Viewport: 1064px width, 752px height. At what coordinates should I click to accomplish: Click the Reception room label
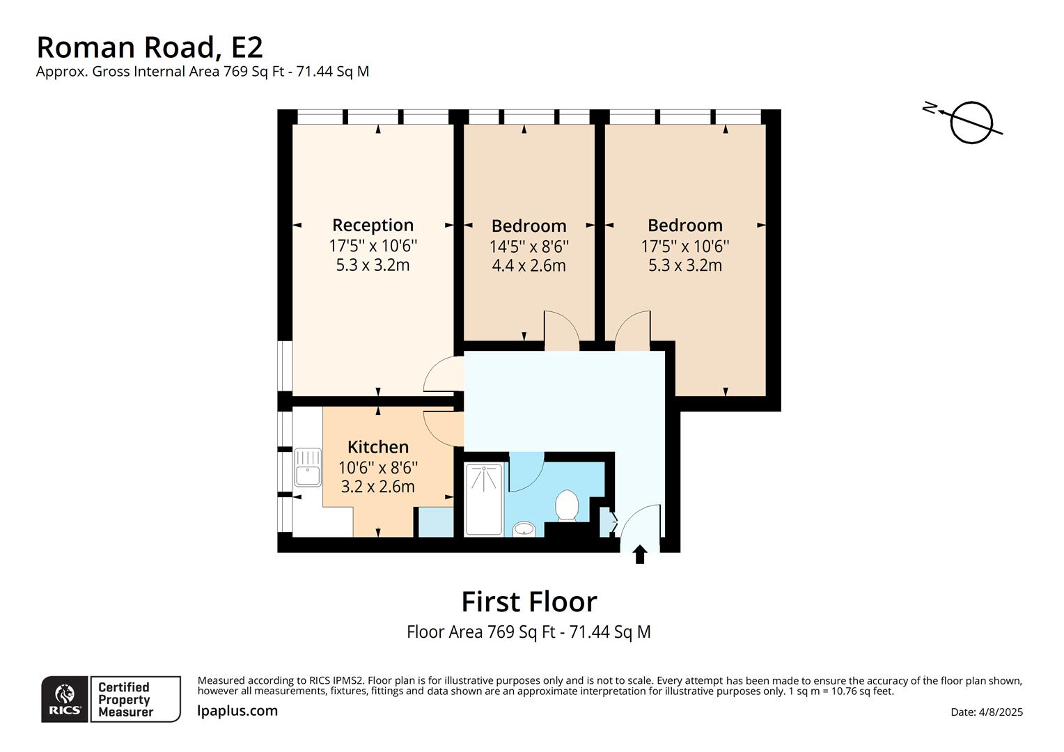click(x=373, y=225)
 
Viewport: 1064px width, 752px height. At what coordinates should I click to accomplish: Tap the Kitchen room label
click(x=377, y=446)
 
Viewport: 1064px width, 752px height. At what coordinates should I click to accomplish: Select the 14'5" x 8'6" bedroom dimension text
click(x=529, y=246)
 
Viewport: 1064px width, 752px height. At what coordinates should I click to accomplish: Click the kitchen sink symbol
click(x=307, y=467)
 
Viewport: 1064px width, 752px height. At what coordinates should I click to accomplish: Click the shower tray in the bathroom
click(x=483, y=499)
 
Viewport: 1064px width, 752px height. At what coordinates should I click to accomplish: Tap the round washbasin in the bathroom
click(x=524, y=530)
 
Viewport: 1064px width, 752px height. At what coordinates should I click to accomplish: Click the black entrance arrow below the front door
click(x=640, y=555)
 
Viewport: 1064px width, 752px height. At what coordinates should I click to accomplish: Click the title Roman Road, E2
click(x=150, y=47)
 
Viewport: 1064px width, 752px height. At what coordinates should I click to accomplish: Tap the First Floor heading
click(x=529, y=601)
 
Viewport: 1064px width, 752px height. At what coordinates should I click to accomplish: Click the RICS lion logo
click(x=65, y=698)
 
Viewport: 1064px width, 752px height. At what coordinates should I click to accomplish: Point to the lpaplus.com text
click(x=237, y=711)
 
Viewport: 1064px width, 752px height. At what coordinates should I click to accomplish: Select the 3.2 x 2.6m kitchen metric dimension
click(x=377, y=487)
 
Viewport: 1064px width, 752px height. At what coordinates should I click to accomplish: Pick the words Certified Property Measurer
click(x=125, y=699)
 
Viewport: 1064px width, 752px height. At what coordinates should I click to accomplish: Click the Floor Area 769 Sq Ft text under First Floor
click(x=529, y=632)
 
